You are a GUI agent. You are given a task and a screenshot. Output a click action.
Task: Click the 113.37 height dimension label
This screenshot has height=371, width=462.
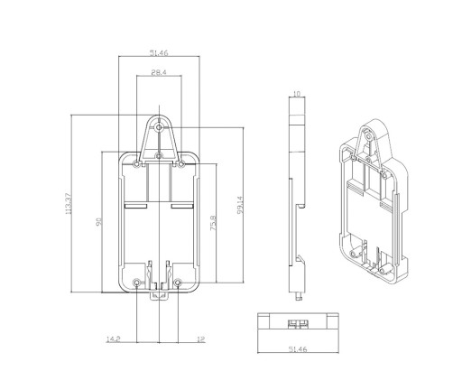pos(69,204)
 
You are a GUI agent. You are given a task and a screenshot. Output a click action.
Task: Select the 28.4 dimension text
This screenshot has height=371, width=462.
pos(159,72)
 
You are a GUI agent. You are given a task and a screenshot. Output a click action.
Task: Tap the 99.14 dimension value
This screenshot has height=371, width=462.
pos(240,205)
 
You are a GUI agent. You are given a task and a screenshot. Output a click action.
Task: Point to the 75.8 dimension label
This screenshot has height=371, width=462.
pos(213,223)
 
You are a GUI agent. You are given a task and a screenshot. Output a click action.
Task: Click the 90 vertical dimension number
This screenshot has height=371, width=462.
pos(98,222)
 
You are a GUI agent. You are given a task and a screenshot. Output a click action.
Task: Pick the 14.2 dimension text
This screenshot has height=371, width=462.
pos(113,339)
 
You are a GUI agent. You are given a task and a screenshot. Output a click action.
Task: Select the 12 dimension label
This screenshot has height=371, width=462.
pos(201,339)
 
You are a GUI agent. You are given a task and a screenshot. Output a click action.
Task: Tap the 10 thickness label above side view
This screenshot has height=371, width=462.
pos(297,94)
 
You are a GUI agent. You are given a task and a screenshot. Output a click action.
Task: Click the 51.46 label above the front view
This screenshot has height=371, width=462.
pos(159,53)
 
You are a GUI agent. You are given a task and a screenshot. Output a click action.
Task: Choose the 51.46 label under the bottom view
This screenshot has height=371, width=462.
pos(298,349)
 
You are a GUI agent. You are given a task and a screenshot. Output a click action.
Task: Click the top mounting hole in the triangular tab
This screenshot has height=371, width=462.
pos(159,128)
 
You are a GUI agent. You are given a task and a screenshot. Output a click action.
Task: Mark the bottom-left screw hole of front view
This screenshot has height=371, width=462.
pos(136,283)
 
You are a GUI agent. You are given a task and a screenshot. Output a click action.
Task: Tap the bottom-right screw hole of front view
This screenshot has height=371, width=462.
pos(178,283)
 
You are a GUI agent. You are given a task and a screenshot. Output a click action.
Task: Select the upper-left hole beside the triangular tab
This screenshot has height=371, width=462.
pos(136,164)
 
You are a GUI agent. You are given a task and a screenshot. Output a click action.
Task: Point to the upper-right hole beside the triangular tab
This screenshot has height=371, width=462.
pos(181,164)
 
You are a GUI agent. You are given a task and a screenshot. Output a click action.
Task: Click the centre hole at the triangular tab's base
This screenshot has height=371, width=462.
pos(159,156)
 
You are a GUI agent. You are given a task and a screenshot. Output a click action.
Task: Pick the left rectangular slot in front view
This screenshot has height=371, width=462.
pos(135,206)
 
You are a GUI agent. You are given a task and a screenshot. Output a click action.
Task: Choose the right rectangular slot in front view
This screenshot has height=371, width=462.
pos(182,206)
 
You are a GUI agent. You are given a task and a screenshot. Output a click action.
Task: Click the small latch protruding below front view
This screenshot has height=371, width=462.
pos(159,296)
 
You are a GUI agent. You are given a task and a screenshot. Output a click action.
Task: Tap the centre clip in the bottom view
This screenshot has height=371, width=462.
pos(298,323)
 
